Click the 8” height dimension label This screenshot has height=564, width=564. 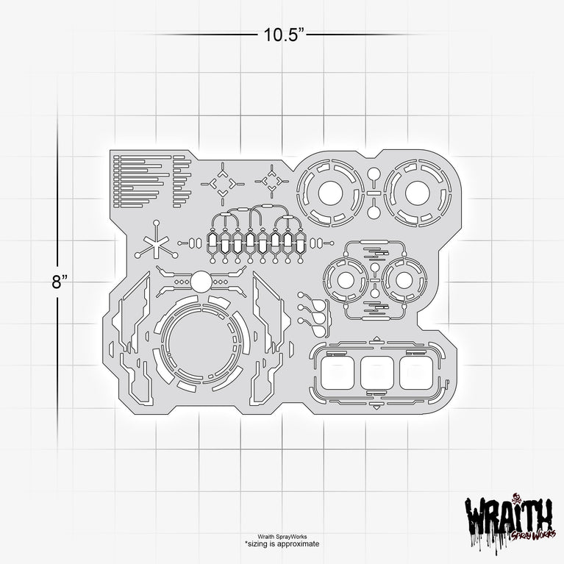(x=60, y=282)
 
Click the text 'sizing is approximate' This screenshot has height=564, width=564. (x=282, y=543)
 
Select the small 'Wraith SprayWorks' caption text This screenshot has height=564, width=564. (x=282, y=537)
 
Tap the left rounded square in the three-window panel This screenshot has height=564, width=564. (x=338, y=373)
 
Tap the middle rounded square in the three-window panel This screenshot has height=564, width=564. (x=377, y=373)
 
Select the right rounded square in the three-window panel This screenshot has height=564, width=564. (x=416, y=373)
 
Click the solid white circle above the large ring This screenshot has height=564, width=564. (x=201, y=282)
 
